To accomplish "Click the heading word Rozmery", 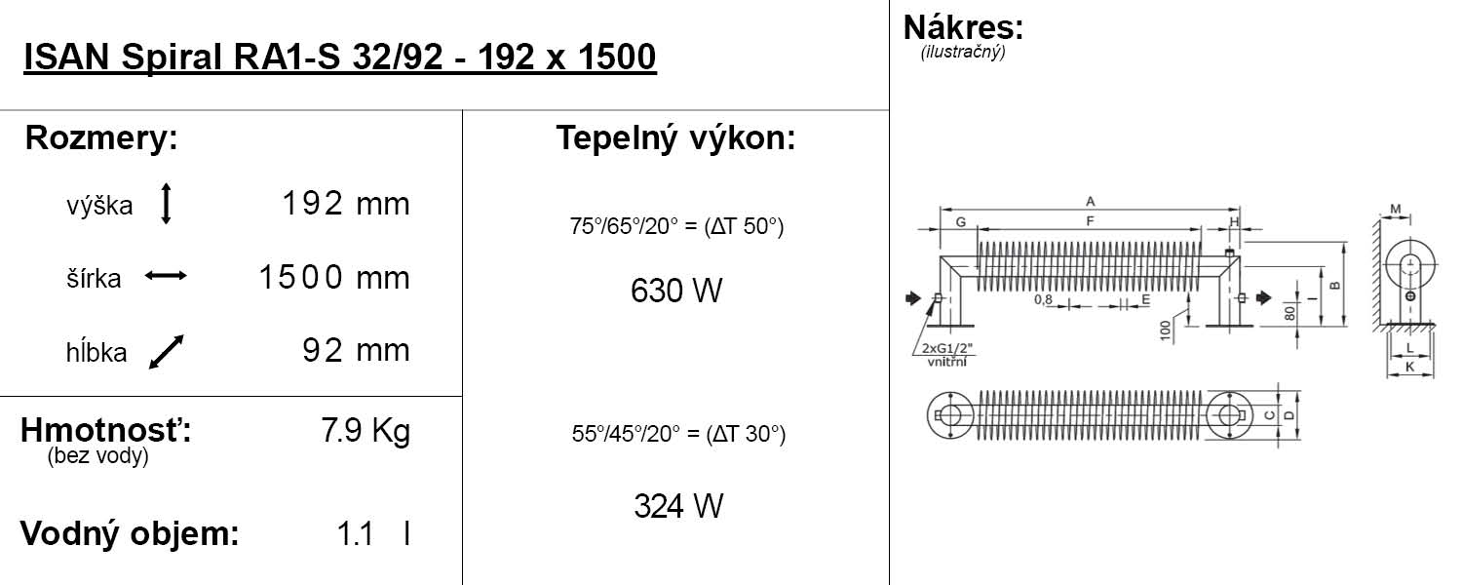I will (x=100, y=138).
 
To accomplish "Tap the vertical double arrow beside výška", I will (x=166, y=204).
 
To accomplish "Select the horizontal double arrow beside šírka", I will (x=166, y=277).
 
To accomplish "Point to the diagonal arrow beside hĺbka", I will (x=166, y=352).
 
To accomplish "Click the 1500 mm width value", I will (x=334, y=278).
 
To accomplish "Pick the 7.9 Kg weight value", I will (x=365, y=431).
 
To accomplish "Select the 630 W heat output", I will (x=676, y=291).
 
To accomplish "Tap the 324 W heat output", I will (x=677, y=506).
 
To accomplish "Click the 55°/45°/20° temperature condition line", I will (x=677, y=434).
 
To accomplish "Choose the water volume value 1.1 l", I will (x=372, y=534).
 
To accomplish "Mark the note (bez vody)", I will (x=97, y=456).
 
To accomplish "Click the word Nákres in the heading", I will (x=963, y=26).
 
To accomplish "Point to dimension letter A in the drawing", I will (x=1090, y=201).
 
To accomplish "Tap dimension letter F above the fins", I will (x=1090, y=221).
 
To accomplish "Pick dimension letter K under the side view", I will (x=1409, y=367).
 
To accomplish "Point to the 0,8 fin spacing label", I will (x=1044, y=300).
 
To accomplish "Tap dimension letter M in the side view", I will (x=1396, y=209).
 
